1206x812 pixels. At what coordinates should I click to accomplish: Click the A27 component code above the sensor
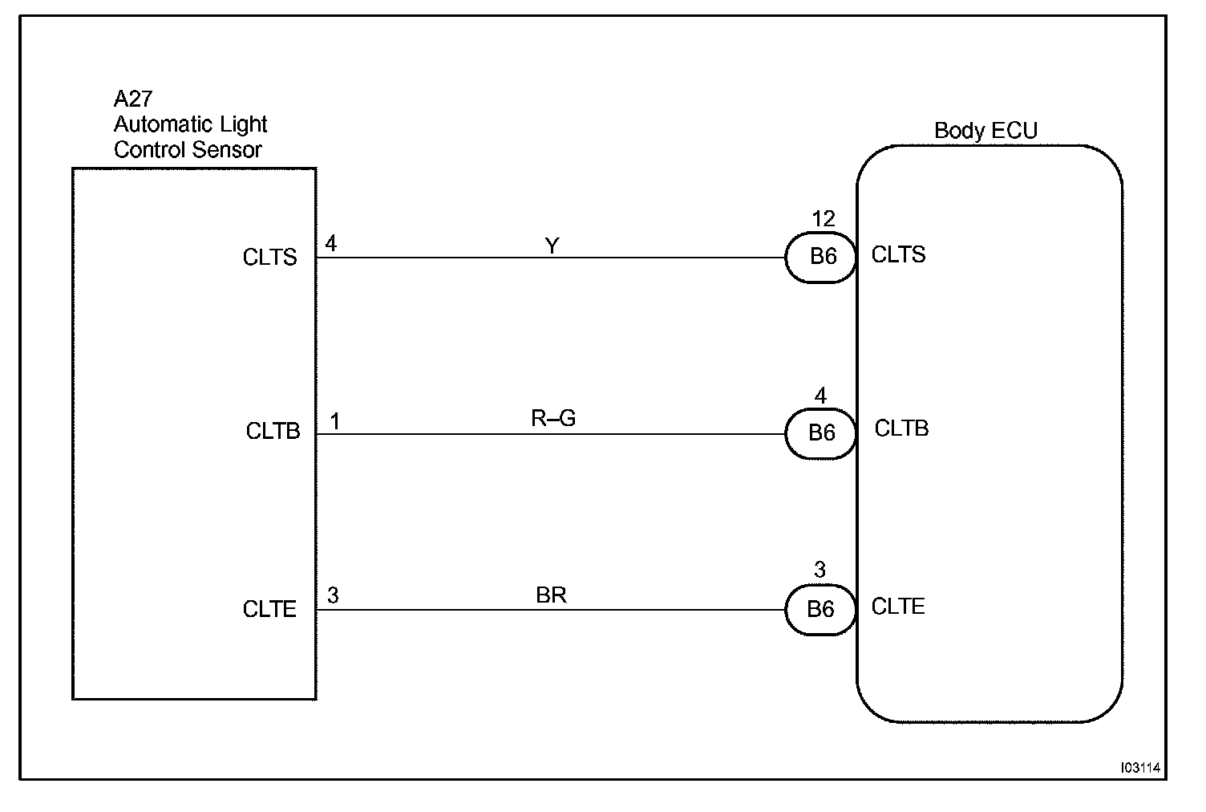pyautogui.click(x=132, y=99)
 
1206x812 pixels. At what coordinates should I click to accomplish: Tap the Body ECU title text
pyautogui.click(x=985, y=131)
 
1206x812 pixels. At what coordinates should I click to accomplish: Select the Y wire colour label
pyautogui.click(x=552, y=246)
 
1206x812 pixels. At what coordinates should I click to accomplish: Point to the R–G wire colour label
pyautogui.click(x=553, y=419)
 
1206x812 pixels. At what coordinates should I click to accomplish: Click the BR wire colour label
pyautogui.click(x=551, y=595)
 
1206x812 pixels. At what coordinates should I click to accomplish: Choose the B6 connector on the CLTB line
pyautogui.click(x=821, y=433)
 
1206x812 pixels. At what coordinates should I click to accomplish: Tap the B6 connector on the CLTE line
pyautogui.click(x=820, y=610)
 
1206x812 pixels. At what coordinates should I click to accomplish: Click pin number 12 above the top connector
pyautogui.click(x=823, y=219)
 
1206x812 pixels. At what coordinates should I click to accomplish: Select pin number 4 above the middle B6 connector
pyautogui.click(x=820, y=396)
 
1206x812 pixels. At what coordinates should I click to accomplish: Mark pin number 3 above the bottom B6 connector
pyautogui.click(x=819, y=570)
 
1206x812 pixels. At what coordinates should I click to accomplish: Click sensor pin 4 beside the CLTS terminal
pyautogui.click(x=330, y=243)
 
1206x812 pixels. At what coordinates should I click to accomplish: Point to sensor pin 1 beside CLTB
pyautogui.click(x=334, y=421)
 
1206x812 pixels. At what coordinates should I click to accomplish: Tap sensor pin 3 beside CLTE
pyautogui.click(x=333, y=595)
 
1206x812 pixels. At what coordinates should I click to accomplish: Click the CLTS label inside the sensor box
pyautogui.click(x=269, y=258)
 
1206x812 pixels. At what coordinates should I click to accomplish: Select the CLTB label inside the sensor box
pyautogui.click(x=273, y=432)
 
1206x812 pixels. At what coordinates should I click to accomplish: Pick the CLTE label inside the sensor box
pyautogui.click(x=269, y=610)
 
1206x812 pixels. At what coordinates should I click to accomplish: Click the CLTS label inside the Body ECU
pyautogui.click(x=898, y=255)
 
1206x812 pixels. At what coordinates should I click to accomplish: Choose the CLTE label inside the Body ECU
pyautogui.click(x=898, y=607)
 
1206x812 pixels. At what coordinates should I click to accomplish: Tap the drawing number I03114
pyautogui.click(x=1140, y=768)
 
